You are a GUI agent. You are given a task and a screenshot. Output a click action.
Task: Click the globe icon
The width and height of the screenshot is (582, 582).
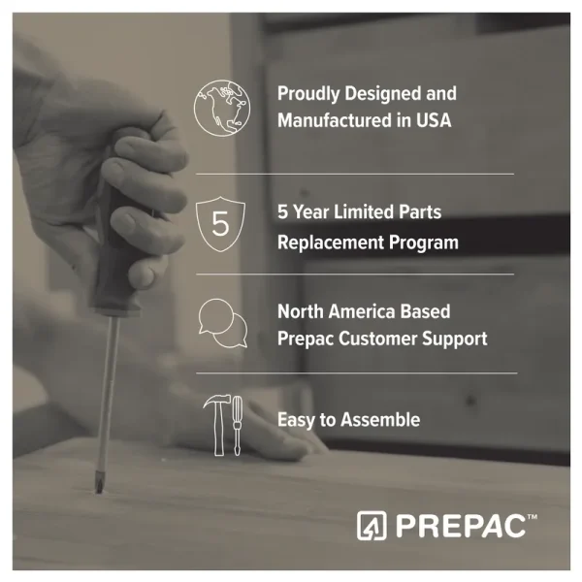[222, 108]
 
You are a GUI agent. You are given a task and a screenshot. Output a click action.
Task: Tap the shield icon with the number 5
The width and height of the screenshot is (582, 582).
[220, 224]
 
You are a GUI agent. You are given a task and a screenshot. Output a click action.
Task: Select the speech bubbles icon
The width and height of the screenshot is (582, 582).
[223, 323]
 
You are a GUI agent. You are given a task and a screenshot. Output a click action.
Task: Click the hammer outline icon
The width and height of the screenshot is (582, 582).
[218, 425]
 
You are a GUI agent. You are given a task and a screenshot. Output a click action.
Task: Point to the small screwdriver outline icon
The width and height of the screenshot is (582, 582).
[238, 426]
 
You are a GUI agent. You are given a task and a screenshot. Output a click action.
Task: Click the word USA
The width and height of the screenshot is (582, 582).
[434, 120]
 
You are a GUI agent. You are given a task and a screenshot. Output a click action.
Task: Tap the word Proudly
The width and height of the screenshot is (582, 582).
[308, 94]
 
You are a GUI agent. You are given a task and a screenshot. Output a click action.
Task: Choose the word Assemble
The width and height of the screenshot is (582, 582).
[380, 420]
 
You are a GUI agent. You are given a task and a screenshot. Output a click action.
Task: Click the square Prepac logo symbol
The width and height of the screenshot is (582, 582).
[372, 525]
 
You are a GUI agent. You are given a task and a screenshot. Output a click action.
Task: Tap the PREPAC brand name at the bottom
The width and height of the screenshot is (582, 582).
[461, 526]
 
